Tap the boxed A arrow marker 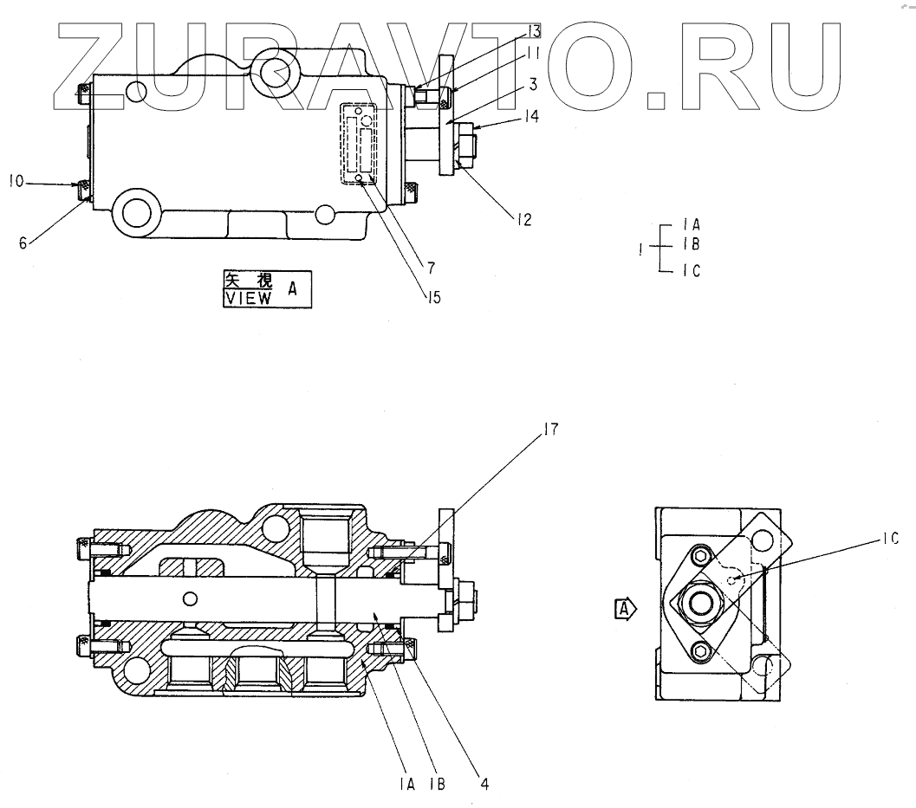click(x=624, y=610)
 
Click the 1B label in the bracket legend click(x=691, y=245)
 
